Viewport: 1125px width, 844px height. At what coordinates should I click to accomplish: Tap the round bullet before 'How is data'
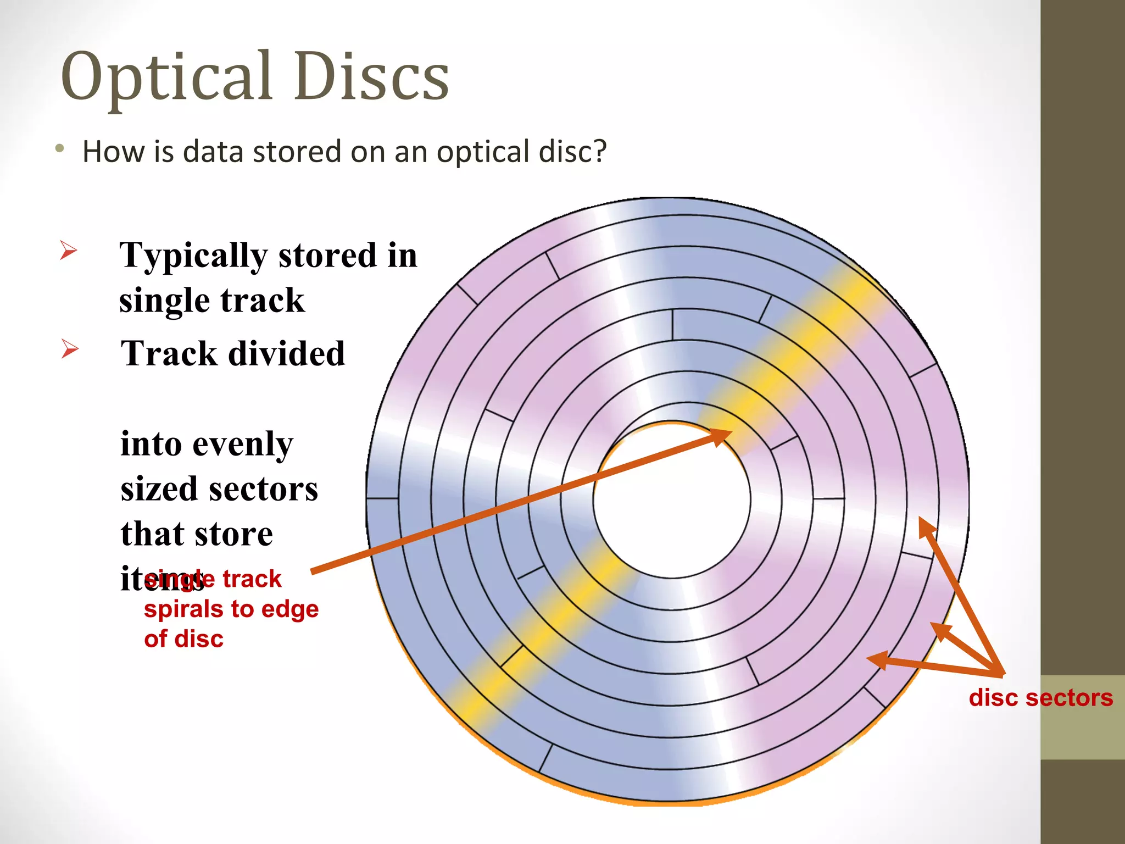click(x=60, y=148)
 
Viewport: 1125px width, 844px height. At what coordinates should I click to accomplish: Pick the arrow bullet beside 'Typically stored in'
click(x=68, y=251)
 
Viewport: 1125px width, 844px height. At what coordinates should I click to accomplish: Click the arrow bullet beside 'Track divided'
click(x=70, y=348)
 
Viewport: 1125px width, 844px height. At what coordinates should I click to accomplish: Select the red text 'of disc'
click(x=183, y=639)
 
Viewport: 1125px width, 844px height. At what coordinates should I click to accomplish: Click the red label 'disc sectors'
click(x=1040, y=698)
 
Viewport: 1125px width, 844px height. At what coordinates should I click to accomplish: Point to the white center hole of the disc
click(x=671, y=499)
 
